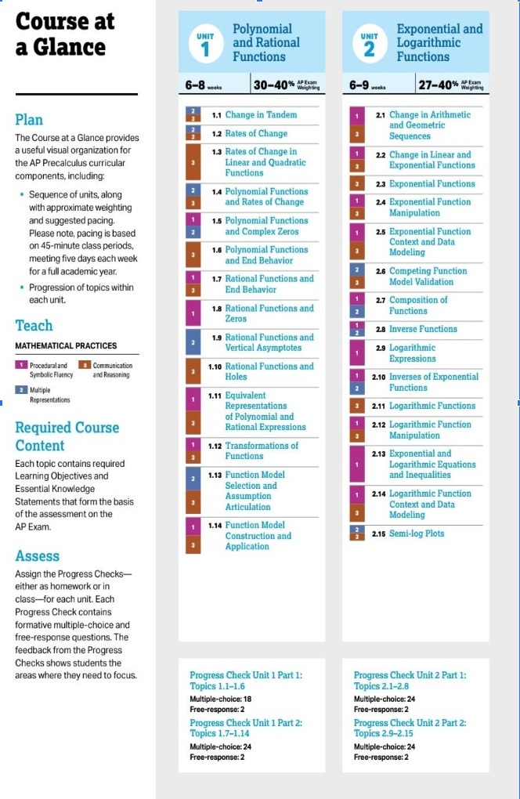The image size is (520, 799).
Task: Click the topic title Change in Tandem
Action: tap(261, 115)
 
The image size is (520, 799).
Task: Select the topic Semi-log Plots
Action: tap(416, 533)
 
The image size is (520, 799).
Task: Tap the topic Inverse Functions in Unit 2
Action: tap(423, 329)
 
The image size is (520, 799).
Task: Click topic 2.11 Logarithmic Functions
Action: tap(432, 406)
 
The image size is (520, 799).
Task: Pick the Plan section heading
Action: tap(30, 120)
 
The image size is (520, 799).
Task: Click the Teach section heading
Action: tap(34, 325)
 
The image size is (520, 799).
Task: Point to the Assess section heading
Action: tap(38, 556)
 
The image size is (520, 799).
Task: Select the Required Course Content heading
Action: tap(67, 436)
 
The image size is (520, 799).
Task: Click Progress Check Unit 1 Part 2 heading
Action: tap(246, 728)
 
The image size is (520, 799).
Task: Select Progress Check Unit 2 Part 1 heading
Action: tap(410, 680)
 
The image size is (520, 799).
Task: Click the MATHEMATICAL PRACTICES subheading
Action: tap(67, 345)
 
